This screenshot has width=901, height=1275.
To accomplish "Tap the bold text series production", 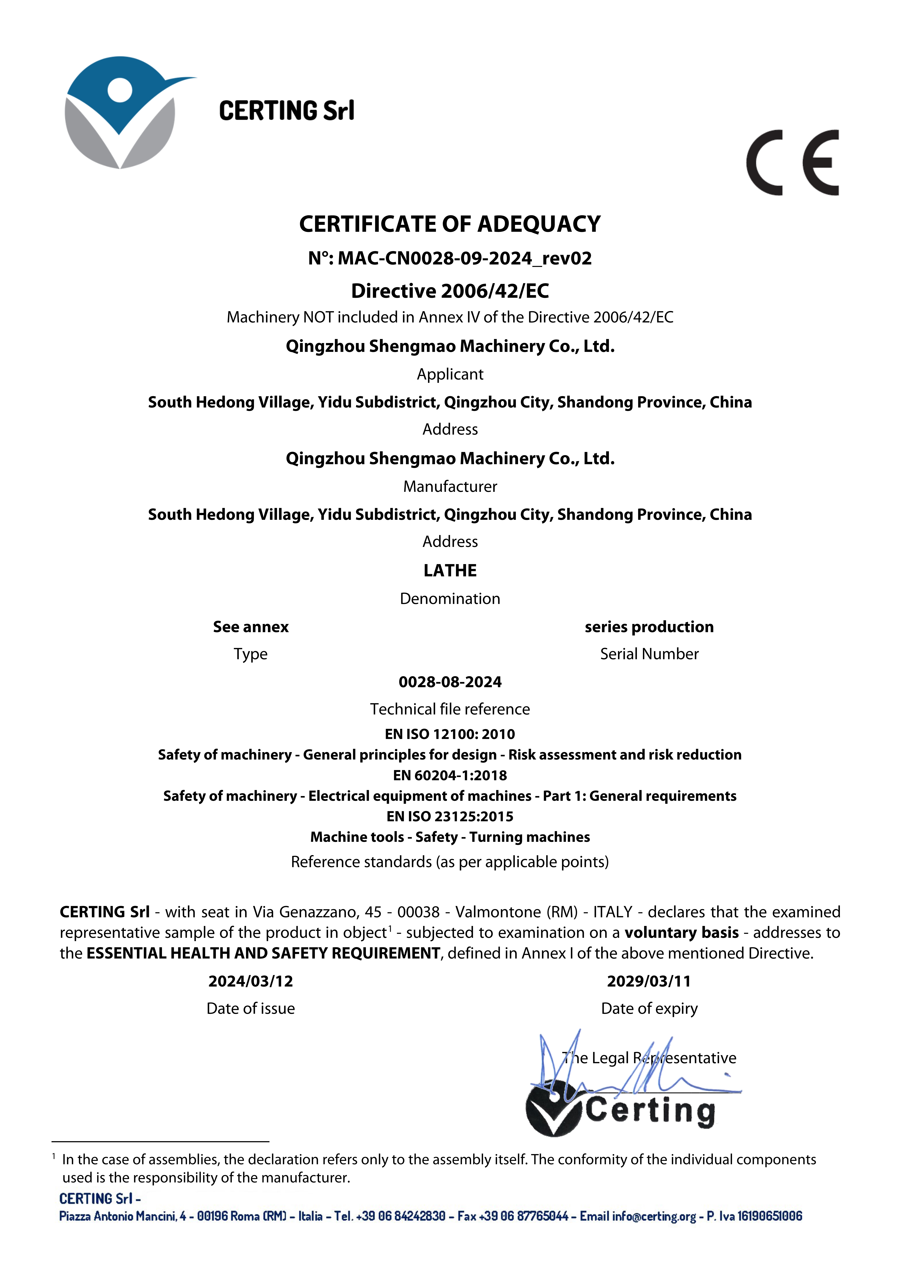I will pos(649,627).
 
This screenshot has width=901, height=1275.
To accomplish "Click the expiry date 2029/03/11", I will pos(649,981).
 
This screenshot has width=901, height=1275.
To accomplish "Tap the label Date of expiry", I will pos(649,1008).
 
